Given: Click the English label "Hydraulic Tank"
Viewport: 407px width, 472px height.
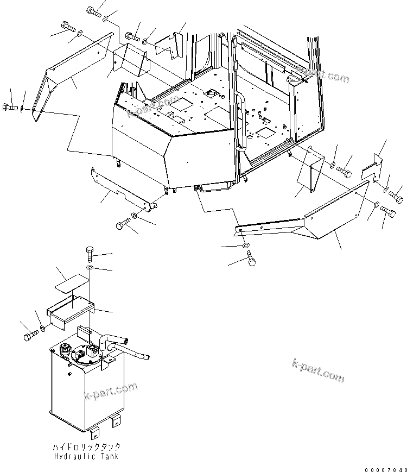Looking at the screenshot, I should point(87,456).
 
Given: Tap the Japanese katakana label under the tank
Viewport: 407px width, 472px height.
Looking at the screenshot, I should point(87,447).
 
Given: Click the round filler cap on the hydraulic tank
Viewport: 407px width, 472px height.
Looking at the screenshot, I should point(66,351).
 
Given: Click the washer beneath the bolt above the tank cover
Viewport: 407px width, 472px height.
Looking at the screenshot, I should point(90,268).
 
